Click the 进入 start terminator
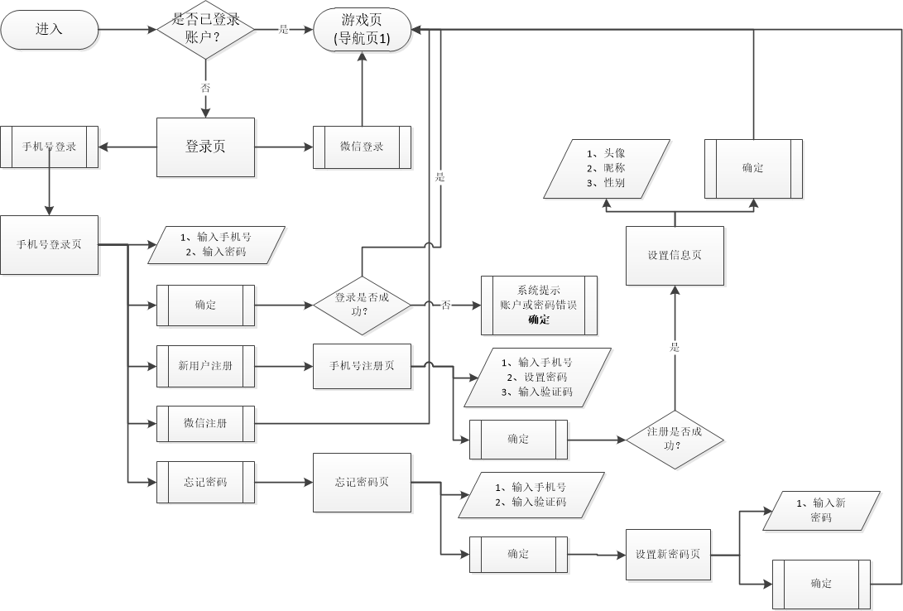tap(49, 30)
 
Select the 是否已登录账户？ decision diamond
tap(205, 30)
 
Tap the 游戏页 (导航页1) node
tap(362, 30)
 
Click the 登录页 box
tap(205, 147)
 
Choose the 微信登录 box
tap(362, 147)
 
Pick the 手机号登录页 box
tap(50, 245)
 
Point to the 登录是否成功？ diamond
tap(362, 305)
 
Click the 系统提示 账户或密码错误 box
tap(539, 305)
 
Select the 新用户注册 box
tap(205, 364)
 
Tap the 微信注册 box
tap(205, 423)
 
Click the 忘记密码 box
tap(205, 482)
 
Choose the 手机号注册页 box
tap(362, 364)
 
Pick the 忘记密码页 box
tap(362, 482)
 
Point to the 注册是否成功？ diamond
tap(674, 439)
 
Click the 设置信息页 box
tap(674, 255)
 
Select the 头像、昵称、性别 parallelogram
tap(606, 169)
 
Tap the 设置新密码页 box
tap(667, 554)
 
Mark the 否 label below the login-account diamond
tap(205, 87)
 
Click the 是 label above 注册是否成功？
tap(675, 348)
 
